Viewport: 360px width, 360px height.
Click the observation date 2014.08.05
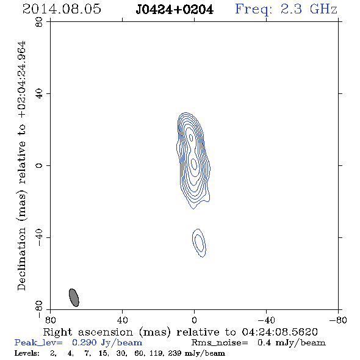62,9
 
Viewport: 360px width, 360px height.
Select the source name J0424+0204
175,9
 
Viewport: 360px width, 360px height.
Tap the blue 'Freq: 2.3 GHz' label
286,9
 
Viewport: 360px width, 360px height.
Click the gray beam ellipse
74,298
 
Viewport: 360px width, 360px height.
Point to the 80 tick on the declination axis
39,22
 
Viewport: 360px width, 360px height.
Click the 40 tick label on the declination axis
39,94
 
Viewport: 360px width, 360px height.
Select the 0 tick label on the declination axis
39,165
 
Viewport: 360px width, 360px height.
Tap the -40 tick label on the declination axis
39,237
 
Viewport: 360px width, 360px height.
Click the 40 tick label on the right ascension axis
122,320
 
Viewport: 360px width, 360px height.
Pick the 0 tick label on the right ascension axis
194,320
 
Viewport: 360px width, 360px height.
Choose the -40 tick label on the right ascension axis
266,320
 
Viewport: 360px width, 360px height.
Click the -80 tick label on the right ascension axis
338,320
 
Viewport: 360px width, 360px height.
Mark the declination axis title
22,166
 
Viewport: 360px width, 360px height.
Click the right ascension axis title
181,332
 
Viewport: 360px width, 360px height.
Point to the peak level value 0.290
84,342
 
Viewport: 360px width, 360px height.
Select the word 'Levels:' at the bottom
27,353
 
